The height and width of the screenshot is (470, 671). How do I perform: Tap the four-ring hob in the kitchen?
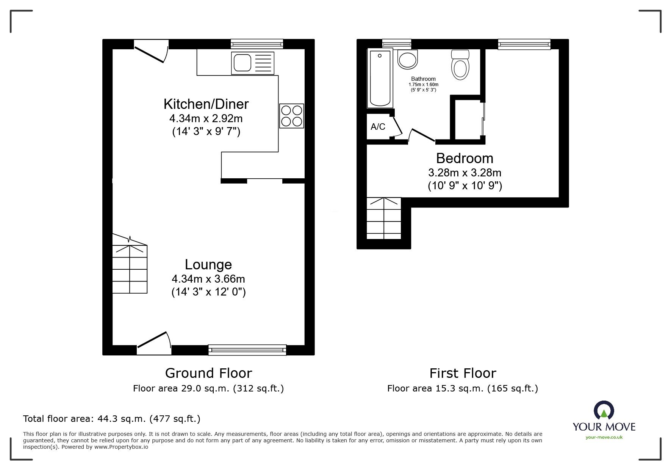click(292, 116)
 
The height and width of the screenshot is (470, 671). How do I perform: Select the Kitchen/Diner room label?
click(206, 104)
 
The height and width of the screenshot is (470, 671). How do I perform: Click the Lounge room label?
click(208, 264)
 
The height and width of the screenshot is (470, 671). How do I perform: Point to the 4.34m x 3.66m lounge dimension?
click(208, 279)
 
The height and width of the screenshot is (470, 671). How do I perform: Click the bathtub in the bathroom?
click(380, 79)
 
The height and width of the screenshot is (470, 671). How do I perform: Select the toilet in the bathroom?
click(460, 65)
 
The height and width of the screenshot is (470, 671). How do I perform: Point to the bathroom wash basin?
click(408, 60)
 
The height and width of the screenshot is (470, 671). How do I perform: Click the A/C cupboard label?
click(378, 127)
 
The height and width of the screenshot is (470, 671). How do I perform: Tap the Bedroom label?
click(465, 158)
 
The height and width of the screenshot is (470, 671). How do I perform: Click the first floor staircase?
click(384, 218)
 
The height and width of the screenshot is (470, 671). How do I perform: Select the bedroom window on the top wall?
click(524, 44)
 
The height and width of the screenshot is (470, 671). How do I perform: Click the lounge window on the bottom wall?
click(247, 350)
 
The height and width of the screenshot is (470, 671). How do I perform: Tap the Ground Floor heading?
click(208, 373)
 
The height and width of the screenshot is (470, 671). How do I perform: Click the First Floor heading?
click(463, 373)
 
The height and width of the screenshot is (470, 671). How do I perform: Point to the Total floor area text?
click(112, 419)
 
